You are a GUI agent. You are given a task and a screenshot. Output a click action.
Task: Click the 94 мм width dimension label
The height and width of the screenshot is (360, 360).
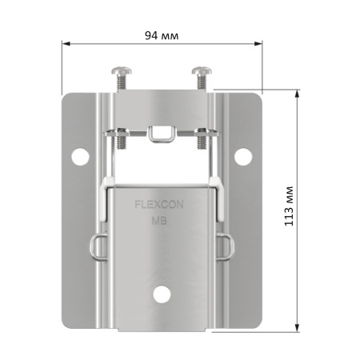162,35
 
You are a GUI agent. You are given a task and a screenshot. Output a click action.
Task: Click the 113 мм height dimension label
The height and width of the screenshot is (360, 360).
289,206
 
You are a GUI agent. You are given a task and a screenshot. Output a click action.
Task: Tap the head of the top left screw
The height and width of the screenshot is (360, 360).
122,70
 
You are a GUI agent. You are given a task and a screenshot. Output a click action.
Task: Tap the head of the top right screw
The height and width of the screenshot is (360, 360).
202,70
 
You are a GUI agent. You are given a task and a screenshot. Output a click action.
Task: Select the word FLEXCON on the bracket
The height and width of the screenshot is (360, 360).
159,205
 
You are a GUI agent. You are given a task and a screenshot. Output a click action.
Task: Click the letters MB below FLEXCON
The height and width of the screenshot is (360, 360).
159,221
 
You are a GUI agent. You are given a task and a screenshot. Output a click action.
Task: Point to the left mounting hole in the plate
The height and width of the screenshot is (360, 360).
80,157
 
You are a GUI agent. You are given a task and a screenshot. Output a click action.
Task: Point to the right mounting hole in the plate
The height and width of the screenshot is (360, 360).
243,157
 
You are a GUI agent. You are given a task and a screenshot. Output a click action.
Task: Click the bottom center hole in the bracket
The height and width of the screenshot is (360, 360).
162,294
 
